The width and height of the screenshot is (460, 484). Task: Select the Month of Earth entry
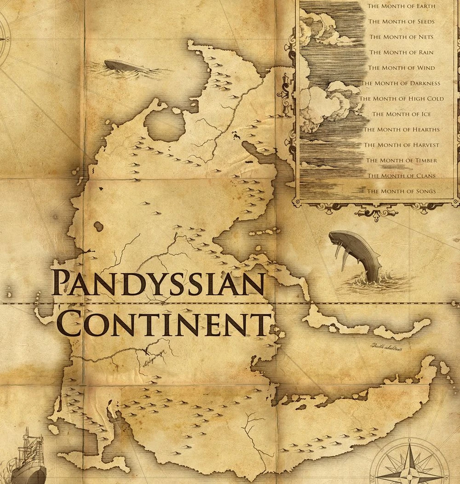[401, 6]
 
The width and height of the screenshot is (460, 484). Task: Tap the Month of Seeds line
[401, 22]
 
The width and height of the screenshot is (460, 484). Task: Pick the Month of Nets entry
[401, 37]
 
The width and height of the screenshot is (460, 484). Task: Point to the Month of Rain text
[401, 52]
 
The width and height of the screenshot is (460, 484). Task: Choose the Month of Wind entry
[401, 68]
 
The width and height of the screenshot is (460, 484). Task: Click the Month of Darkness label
[401, 83]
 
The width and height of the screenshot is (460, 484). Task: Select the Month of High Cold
[401, 99]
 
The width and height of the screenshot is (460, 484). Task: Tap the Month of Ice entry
[401, 114]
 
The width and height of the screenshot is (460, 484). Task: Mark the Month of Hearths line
[401, 130]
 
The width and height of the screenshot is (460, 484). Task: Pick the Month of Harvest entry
[401, 145]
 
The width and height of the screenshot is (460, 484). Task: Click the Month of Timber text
[401, 160]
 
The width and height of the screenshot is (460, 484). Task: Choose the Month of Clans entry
[401, 176]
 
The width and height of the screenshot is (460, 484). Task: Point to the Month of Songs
[401, 191]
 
